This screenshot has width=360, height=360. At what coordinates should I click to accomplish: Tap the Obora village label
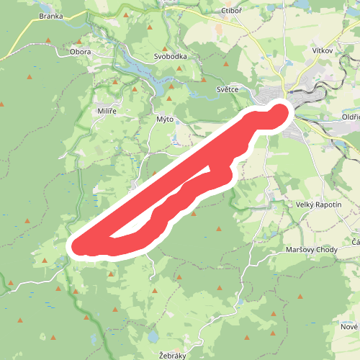tap(81, 52)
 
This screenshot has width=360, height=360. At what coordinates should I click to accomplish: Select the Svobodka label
tap(171, 56)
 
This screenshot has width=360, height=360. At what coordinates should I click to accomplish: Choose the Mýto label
tap(165, 119)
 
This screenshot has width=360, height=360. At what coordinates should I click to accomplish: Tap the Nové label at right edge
tap(349, 327)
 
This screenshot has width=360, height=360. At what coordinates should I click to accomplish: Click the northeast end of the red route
tap(281, 110)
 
